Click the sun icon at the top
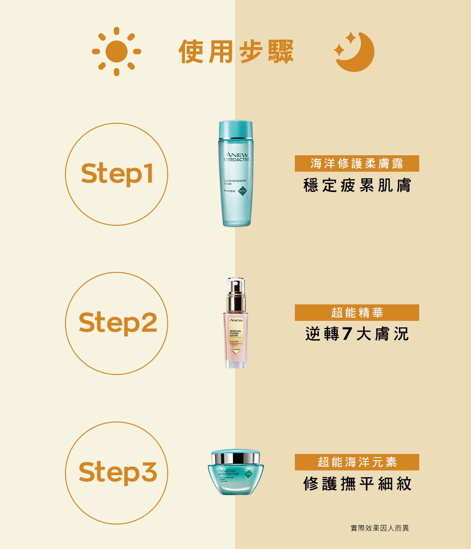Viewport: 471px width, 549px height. coord(116,51)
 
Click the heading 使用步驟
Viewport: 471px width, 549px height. coord(236,51)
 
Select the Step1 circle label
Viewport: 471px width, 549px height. coord(117,174)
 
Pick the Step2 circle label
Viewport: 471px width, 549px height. coord(117,323)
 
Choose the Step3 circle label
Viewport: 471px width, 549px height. coord(117,472)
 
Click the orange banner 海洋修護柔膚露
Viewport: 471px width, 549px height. coord(357,164)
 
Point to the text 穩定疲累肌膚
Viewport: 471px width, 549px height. coord(357,185)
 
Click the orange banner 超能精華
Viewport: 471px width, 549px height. coord(357,312)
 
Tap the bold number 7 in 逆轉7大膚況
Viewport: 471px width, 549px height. coord(347,334)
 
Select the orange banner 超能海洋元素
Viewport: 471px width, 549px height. coord(357,462)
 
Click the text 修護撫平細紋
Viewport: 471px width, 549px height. coord(357,484)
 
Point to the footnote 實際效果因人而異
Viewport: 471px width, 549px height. coord(380,528)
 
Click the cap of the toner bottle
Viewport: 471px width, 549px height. coord(236,129)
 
